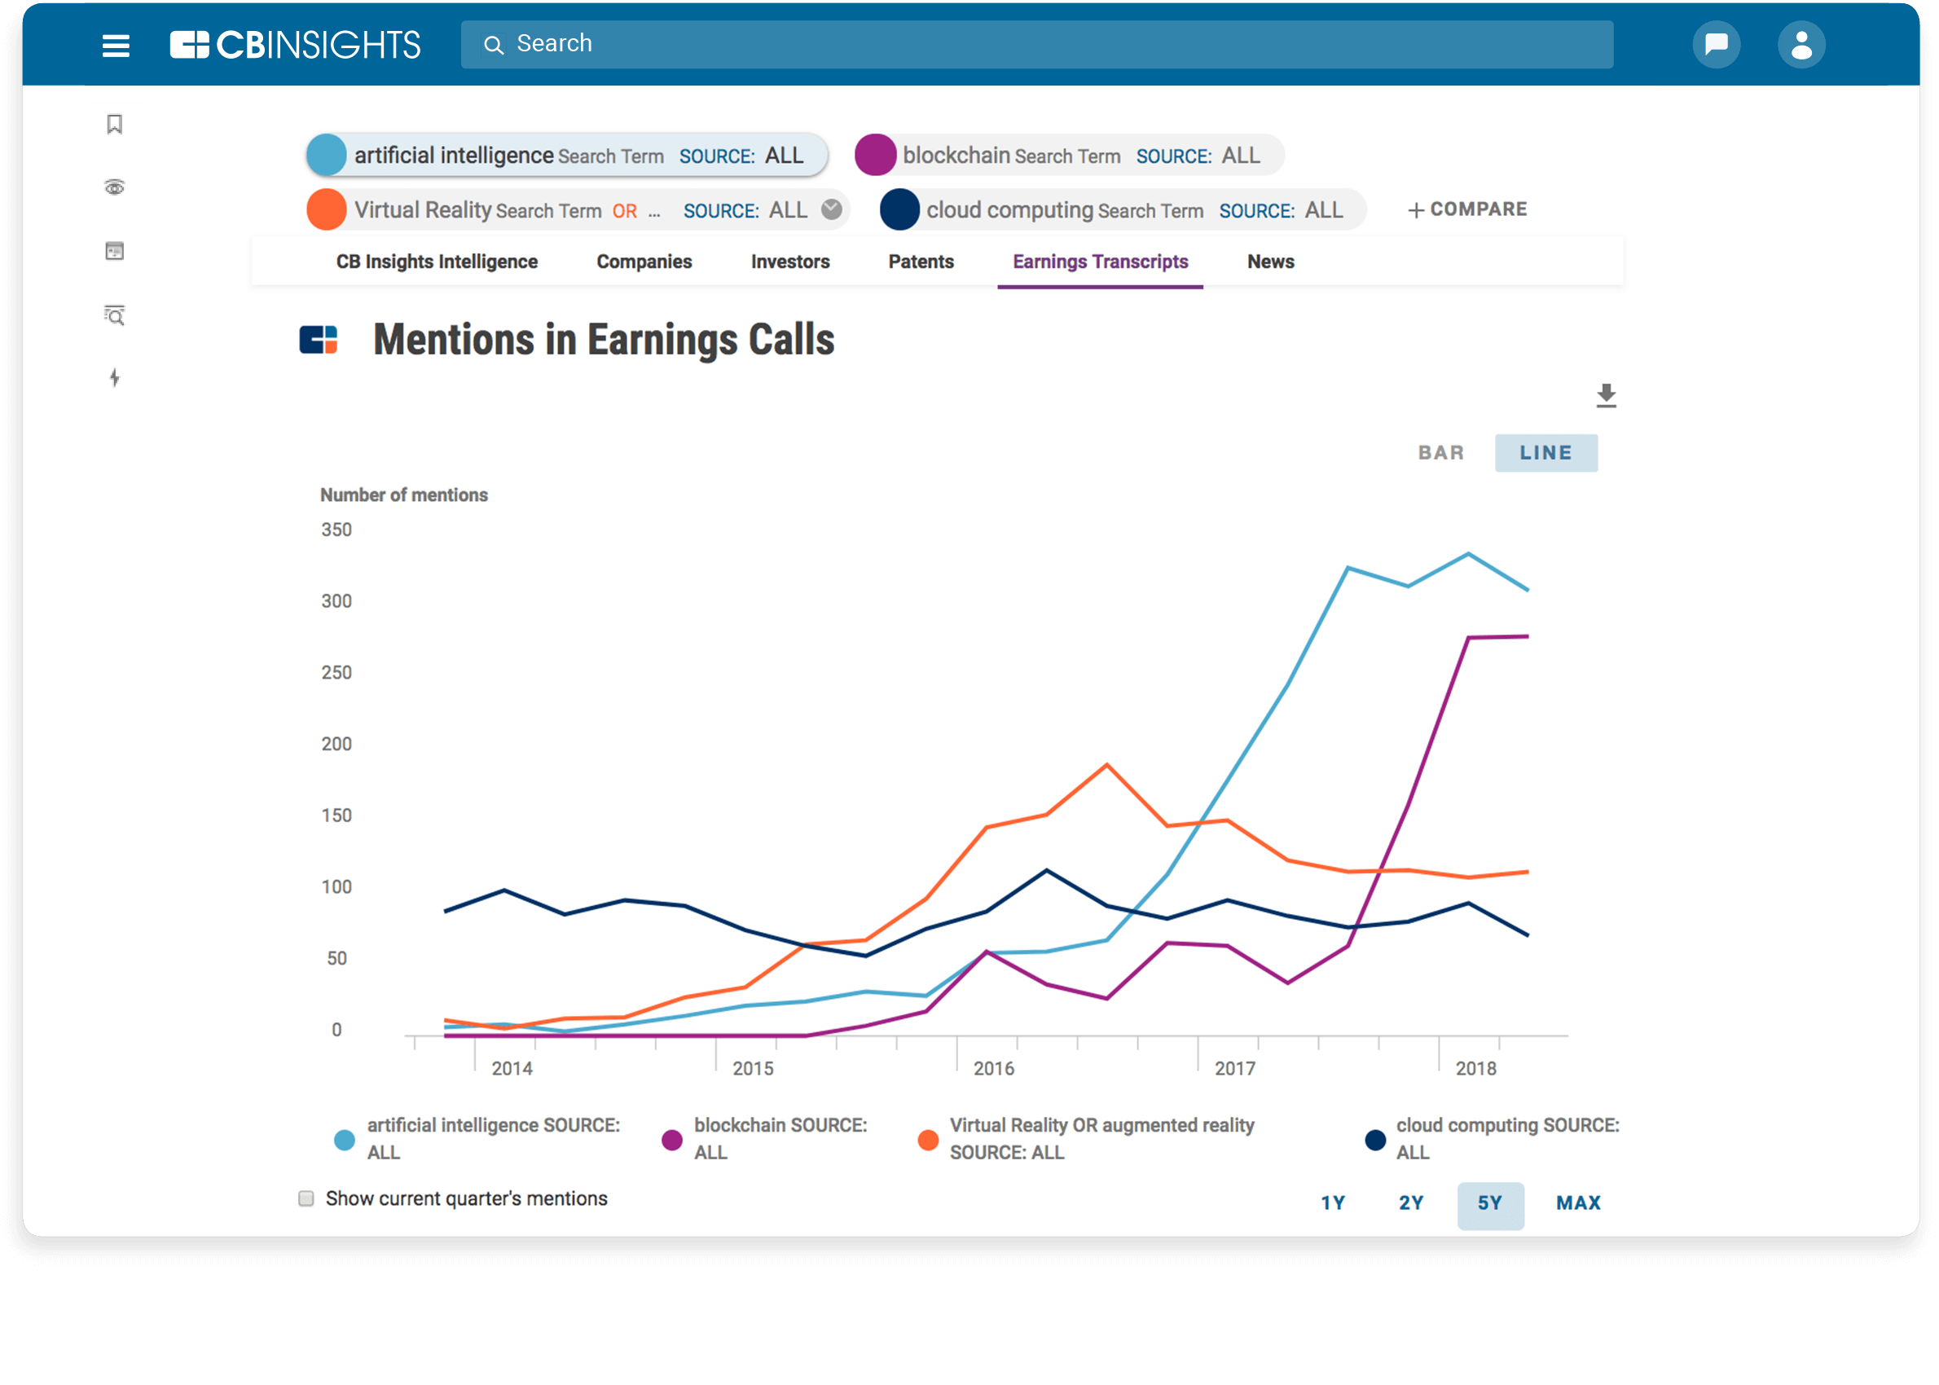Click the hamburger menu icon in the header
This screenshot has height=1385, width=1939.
click(116, 45)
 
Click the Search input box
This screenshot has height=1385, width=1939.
click(1036, 44)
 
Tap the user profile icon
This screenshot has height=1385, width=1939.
click(1800, 45)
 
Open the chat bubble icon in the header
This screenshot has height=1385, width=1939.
click(1716, 44)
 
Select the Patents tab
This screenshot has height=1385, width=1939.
click(920, 262)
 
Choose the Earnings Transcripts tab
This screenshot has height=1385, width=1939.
click(1100, 262)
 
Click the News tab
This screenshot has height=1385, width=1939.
click(1269, 262)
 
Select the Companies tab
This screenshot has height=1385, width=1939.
click(644, 262)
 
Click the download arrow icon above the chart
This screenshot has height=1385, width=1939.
click(1606, 396)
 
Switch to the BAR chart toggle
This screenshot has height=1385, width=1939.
click(1440, 453)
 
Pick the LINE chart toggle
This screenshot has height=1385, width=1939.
click(1545, 453)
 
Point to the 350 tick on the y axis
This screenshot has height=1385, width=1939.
click(336, 530)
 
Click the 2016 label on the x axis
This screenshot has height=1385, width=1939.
click(993, 1069)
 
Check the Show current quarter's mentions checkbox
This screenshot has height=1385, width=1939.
click(306, 1198)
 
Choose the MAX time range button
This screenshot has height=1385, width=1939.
click(1577, 1203)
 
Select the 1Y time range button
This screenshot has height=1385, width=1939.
click(1333, 1203)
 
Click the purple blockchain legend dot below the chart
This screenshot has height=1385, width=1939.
click(672, 1140)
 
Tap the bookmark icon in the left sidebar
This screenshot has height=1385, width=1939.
click(114, 125)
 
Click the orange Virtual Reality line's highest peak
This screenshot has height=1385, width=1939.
click(1107, 764)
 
